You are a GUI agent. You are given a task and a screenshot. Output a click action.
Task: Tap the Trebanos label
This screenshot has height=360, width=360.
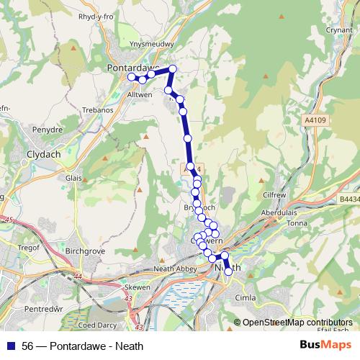pyautogui.click(x=97, y=109)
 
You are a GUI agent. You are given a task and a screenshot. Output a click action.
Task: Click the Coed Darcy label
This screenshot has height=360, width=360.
pyautogui.click(x=91, y=312)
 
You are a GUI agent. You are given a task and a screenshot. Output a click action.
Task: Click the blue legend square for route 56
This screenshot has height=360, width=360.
pyautogui.click(x=11, y=346)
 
